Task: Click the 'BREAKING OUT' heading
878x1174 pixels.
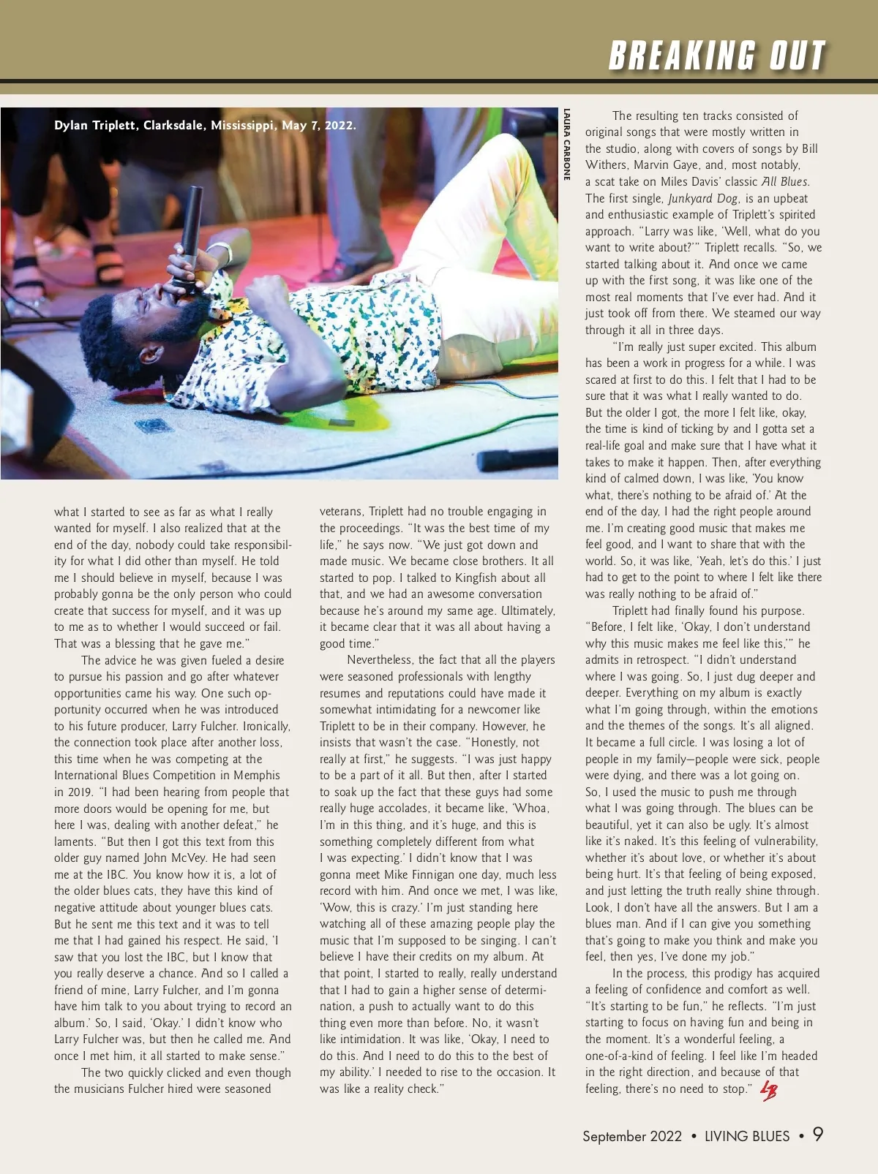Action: (717, 56)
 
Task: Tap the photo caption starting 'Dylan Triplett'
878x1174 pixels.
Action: (205, 125)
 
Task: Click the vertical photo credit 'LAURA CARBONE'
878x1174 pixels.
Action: (566, 144)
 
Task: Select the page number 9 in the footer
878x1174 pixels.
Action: (818, 1134)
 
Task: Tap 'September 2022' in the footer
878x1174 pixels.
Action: (631, 1136)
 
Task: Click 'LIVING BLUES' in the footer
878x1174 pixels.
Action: (747, 1136)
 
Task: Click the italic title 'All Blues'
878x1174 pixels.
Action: (784, 181)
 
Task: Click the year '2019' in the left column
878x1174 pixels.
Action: (81, 792)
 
